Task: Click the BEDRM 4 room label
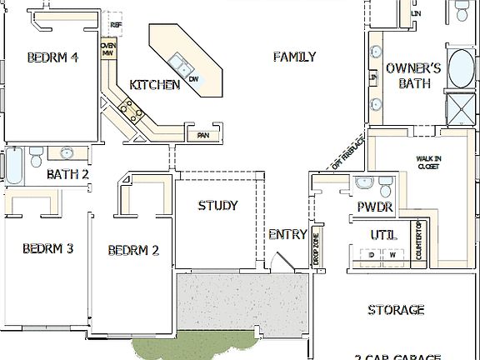[52, 57]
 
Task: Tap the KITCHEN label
[154, 85]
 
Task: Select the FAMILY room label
[294, 57]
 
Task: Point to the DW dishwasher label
[192, 78]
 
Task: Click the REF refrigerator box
[116, 25]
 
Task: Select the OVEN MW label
[107, 50]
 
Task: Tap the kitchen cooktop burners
[127, 107]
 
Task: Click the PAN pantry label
[202, 135]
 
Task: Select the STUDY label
[217, 206]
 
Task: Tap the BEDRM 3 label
[47, 248]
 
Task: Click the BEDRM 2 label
[132, 249]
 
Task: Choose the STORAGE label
[396, 310]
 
